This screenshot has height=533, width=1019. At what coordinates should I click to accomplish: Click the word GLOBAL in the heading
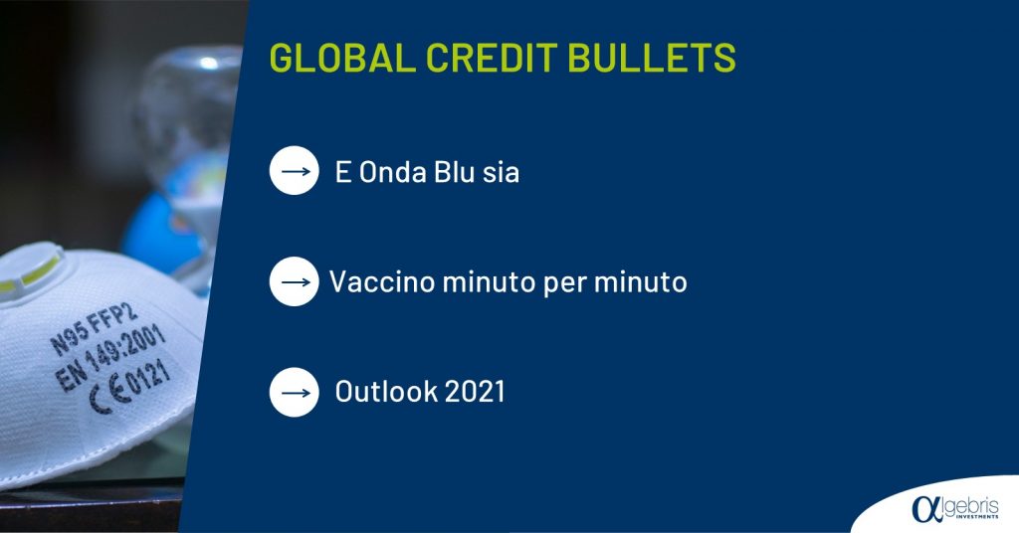point(342,57)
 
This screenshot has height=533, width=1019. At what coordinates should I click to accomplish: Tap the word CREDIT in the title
point(492,57)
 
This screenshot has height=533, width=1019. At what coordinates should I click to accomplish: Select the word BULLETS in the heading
point(652,57)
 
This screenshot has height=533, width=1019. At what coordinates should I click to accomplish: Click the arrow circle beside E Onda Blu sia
point(295,171)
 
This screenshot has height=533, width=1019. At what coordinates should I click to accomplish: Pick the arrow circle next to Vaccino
point(295,281)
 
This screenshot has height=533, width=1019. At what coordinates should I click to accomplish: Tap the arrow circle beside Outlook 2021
point(295,392)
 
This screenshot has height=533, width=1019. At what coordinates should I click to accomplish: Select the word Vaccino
point(382,281)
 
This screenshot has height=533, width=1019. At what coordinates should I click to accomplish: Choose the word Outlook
point(386,392)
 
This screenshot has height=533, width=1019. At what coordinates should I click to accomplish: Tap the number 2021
point(475,392)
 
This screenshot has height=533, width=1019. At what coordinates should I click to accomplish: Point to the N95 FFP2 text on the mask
point(95,328)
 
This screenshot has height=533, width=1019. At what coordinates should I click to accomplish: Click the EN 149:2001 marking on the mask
point(109,356)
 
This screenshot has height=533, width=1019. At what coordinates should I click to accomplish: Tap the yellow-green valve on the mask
point(31,271)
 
